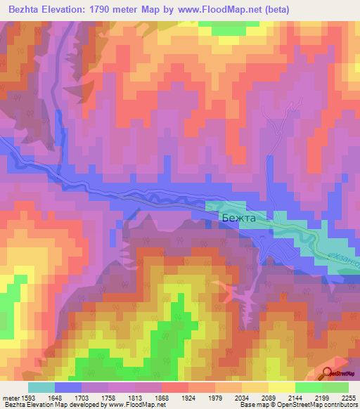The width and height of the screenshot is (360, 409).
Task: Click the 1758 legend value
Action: pyautogui.click(x=108, y=397)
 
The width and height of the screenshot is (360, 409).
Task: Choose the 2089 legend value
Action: pyautogui.click(x=269, y=397)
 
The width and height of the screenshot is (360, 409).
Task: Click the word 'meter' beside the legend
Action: pyautogui.click(x=11, y=397)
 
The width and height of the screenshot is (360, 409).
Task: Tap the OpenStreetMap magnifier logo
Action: pyautogui.click(x=328, y=373)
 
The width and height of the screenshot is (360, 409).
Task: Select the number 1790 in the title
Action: pyautogui.click(x=101, y=9)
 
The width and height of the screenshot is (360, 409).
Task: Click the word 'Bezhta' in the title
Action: pyautogui.click(x=22, y=9)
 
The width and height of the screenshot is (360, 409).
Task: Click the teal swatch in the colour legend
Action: pyautogui.click(x=41, y=387)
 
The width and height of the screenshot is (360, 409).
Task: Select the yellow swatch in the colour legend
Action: pyautogui.click(x=282, y=387)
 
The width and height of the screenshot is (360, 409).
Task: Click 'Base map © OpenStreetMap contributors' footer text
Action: pyautogui.click(x=297, y=405)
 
